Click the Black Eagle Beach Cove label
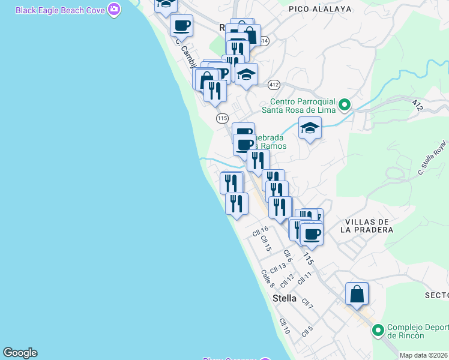pyautogui.click(x=60, y=10)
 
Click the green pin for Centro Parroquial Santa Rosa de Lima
pyautogui.click(x=345, y=105)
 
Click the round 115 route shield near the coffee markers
pyautogui.click(x=223, y=118)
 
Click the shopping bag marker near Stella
pyautogui.click(x=357, y=295)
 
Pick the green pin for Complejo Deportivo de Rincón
pyautogui.click(x=378, y=330)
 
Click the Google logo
pyautogui.click(x=20, y=352)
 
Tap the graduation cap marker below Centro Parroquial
pyautogui.click(x=310, y=128)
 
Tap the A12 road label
pyautogui.click(x=418, y=106)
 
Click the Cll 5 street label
pyautogui.click(x=307, y=331)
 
